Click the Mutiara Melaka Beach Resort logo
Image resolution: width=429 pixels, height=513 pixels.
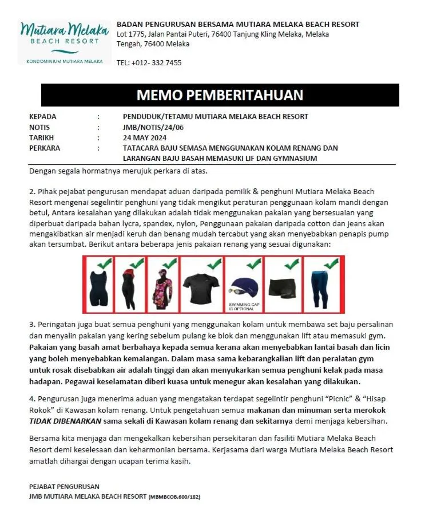[63, 40]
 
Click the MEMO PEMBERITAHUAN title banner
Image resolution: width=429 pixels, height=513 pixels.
[220, 95]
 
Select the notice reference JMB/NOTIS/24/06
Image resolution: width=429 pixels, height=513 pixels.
[153, 127]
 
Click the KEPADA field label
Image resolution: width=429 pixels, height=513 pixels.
[43, 117]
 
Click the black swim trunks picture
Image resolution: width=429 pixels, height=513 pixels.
[283, 285]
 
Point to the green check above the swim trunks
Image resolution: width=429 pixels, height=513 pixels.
[292, 264]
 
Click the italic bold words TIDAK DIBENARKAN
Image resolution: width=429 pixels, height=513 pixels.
[65, 421]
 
